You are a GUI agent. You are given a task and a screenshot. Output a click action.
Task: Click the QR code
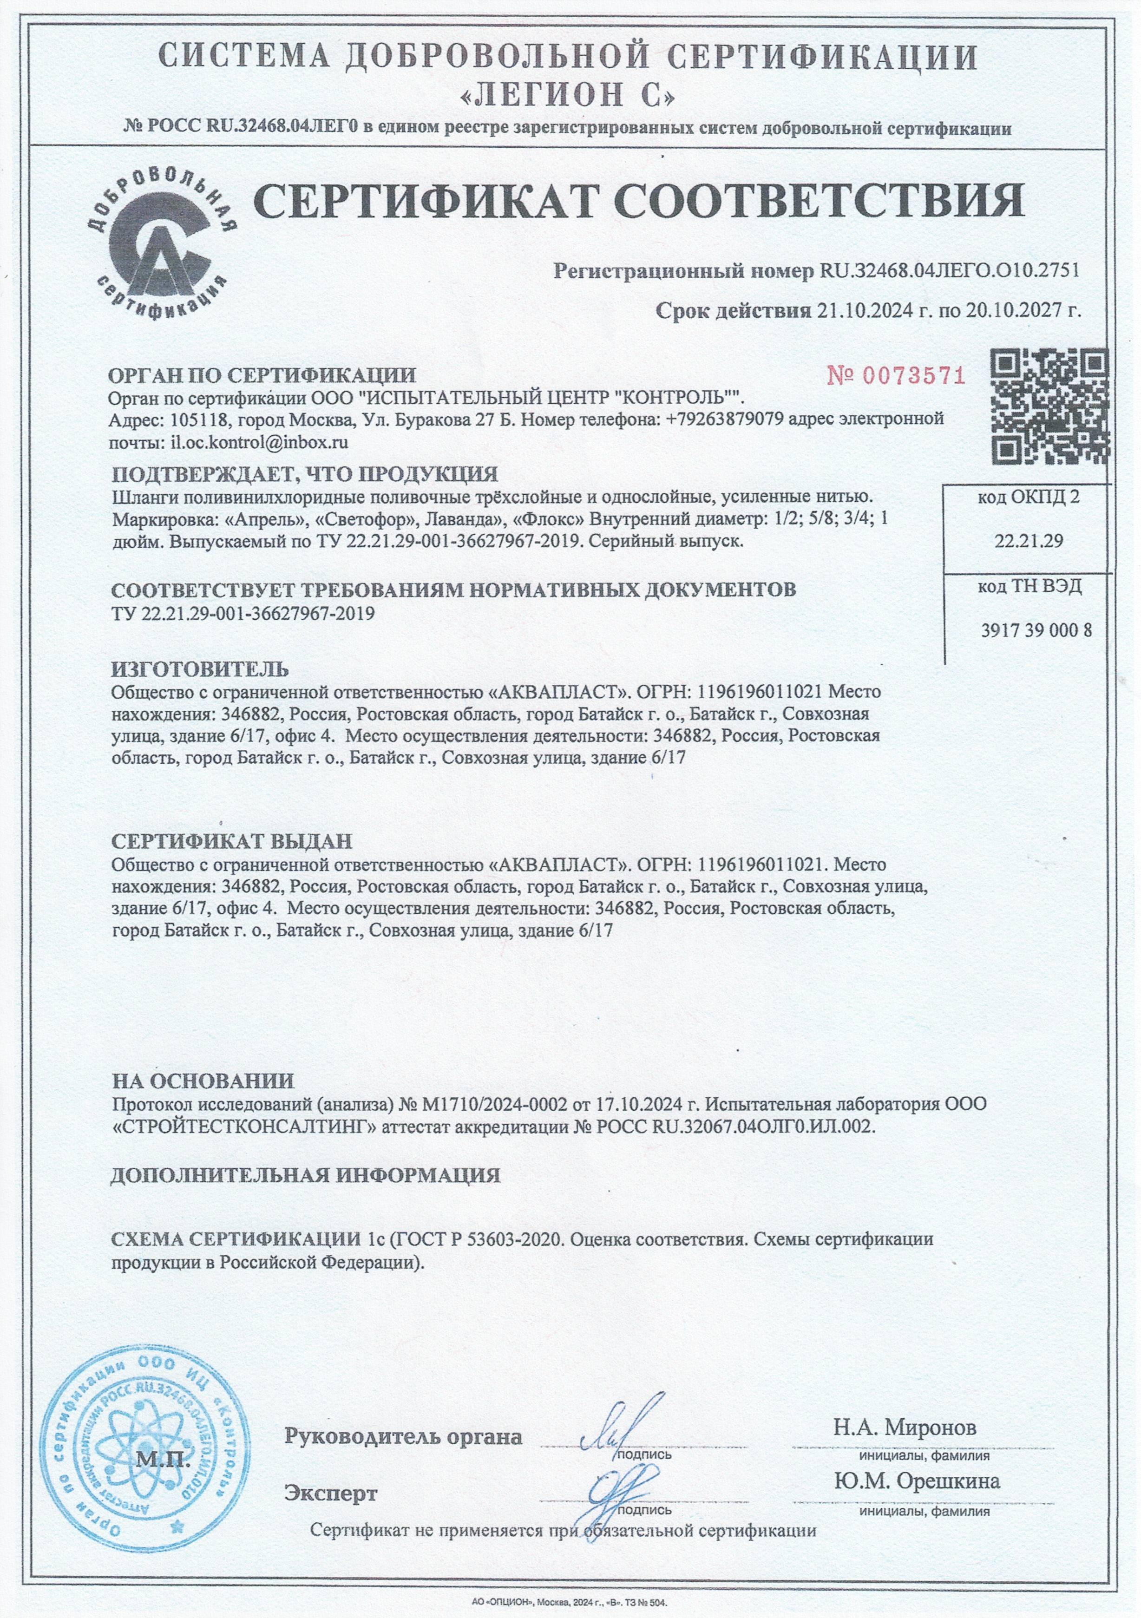[x=1049, y=406]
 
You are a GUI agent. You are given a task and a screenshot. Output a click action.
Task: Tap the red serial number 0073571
[x=896, y=376]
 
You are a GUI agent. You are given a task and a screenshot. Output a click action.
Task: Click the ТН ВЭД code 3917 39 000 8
[x=1036, y=631]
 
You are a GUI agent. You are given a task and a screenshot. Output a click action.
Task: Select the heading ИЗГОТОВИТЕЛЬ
[x=200, y=668]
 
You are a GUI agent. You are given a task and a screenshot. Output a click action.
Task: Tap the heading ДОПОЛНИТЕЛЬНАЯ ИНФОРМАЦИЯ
[x=305, y=1175]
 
